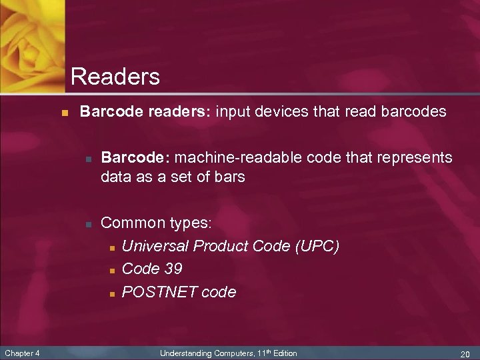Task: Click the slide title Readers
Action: click(x=115, y=77)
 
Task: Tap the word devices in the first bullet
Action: click(x=283, y=112)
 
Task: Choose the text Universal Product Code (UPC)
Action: click(x=231, y=246)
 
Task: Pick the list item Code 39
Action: click(x=152, y=269)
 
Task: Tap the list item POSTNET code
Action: click(x=179, y=292)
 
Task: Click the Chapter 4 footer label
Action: click(x=22, y=353)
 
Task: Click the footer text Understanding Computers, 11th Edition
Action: click(x=229, y=353)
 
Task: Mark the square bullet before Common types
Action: click(x=87, y=224)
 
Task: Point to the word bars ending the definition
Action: click(x=229, y=177)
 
